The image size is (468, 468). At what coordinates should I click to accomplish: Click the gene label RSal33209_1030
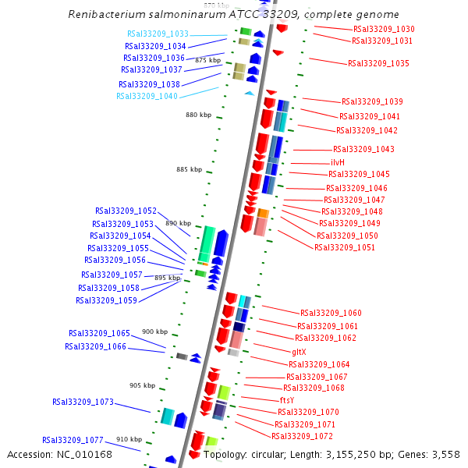pyautogui.click(x=384, y=30)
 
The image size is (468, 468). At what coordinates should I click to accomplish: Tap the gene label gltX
pyautogui.click(x=299, y=352)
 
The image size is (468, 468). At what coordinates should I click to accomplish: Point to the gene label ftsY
pyautogui.click(x=286, y=400)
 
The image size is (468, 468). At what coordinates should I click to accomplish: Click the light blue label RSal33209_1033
pyautogui.click(x=158, y=34)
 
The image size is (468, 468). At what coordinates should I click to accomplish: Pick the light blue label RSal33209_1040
pyautogui.click(x=147, y=97)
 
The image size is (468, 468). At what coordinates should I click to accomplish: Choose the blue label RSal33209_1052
pyautogui.click(x=126, y=211)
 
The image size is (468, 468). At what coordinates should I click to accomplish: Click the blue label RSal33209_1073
pyautogui.click(x=83, y=402)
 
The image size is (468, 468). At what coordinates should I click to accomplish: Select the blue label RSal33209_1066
pyautogui.click(x=95, y=346)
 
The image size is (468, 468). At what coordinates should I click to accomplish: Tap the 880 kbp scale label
pyautogui.click(x=198, y=115)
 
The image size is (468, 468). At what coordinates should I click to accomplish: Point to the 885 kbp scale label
pyautogui.click(x=189, y=169)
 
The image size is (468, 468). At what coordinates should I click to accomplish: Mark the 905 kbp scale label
pyautogui.click(x=142, y=385)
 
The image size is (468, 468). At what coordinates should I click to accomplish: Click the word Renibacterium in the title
pyautogui.click(x=105, y=14)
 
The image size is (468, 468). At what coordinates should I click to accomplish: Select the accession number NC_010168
pyautogui.click(x=93, y=454)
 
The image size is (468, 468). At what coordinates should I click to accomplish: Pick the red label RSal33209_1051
pyautogui.click(x=345, y=248)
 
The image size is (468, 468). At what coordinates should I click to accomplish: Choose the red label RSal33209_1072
pyautogui.click(x=302, y=436)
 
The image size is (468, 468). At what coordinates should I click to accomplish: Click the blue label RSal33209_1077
pyautogui.click(x=73, y=440)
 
